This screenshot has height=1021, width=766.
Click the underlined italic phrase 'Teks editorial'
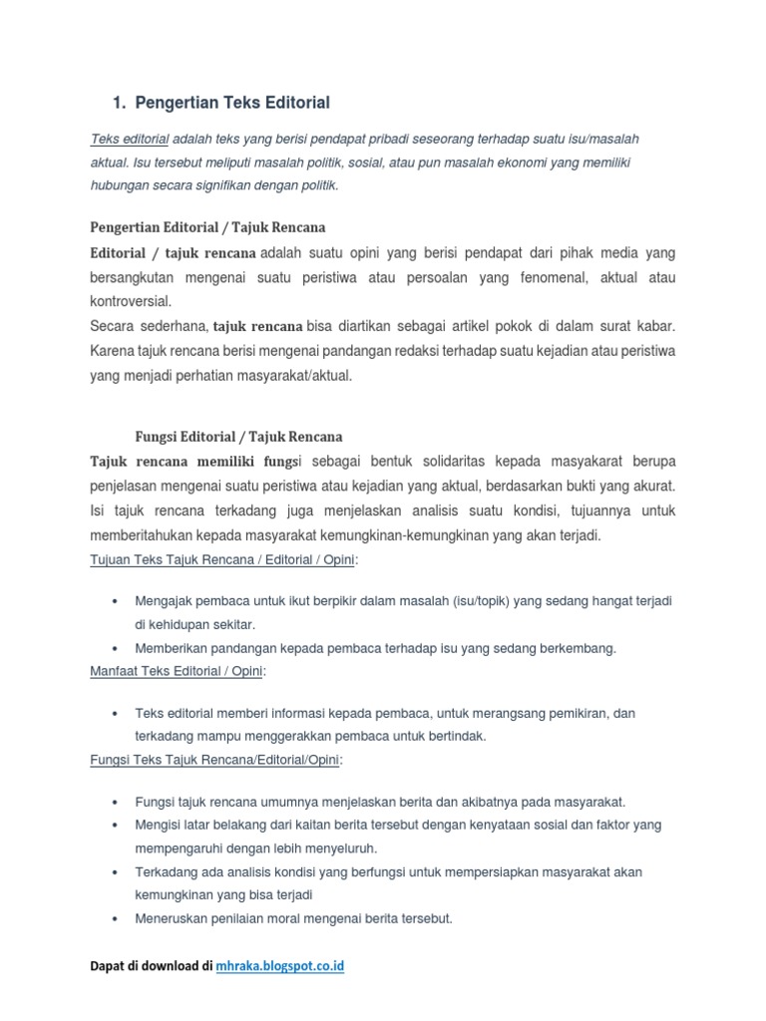point(130,140)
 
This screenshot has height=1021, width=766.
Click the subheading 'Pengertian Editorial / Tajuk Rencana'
point(207,227)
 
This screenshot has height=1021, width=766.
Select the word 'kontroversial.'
point(131,300)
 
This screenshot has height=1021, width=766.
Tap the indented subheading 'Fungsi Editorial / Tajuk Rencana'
point(238,437)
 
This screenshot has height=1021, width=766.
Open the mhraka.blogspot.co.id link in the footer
point(280,966)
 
